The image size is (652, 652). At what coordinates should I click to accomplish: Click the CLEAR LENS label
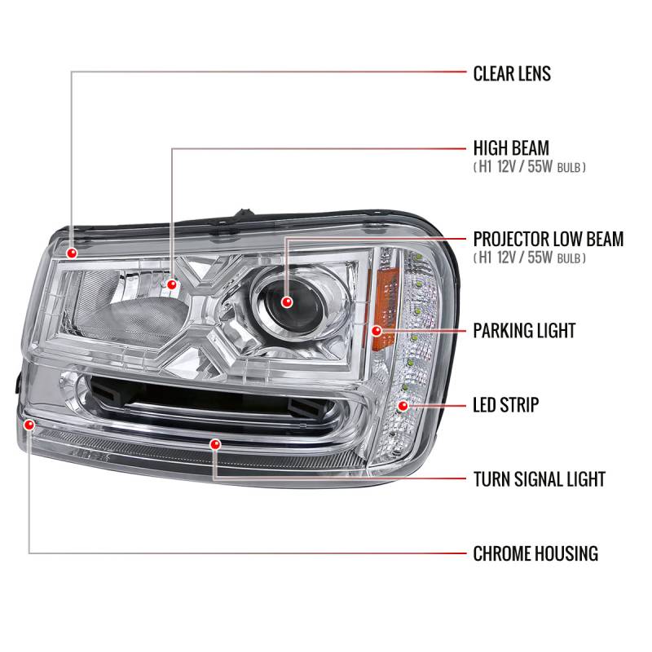pos(512,73)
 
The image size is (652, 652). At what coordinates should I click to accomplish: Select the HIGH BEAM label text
pos(511,148)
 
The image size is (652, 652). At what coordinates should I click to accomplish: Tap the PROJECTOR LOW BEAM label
pos(548,240)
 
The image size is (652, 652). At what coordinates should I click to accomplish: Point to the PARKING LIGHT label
pos(524,331)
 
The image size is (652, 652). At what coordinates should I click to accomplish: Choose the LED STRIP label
pos(506,404)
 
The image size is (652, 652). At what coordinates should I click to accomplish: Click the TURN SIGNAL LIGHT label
pos(539,478)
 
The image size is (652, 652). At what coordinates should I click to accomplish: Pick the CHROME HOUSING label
pos(535,554)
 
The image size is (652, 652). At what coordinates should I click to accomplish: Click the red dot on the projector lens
pos(286,302)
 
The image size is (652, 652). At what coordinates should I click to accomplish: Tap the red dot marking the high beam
pos(173,284)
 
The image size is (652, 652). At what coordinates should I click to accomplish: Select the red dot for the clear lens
pos(73,253)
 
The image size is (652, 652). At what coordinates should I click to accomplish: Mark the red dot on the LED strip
pos(403,404)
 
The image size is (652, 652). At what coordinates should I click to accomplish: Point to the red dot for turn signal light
pos(215,444)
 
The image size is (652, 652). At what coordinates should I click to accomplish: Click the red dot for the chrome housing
pos(30,425)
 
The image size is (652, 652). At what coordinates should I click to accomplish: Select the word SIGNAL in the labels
pos(539,478)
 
